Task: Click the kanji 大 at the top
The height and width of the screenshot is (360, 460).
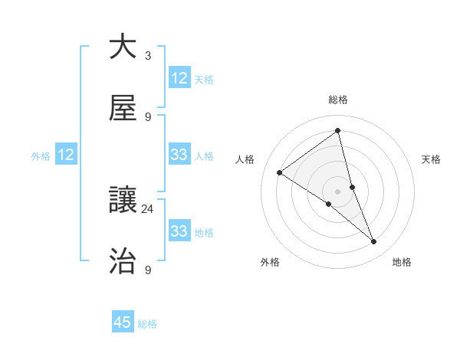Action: point(123,47)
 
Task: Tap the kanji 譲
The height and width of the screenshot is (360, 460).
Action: point(123,200)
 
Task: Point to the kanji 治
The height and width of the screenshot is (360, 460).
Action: point(123,261)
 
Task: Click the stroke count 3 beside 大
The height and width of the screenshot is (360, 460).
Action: point(148,56)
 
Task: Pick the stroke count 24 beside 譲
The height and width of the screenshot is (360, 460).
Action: point(148,208)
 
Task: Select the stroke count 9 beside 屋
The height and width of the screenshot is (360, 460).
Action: point(148,117)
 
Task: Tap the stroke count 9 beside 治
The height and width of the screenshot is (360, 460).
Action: point(148,270)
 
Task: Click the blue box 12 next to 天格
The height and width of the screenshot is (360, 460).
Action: point(179,78)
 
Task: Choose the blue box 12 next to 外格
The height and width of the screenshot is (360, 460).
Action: point(66,155)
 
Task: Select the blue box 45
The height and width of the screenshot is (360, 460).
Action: point(123,322)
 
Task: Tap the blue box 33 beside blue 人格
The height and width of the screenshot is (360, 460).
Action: point(179,155)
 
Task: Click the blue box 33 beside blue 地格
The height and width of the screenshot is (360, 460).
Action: point(179,231)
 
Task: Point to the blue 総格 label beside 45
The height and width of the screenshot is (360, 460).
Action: point(147,324)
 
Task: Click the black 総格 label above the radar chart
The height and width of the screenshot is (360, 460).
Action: point(338,100)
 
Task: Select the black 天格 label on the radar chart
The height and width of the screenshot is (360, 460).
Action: point(431,159)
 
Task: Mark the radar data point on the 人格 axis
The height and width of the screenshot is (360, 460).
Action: point(280,172)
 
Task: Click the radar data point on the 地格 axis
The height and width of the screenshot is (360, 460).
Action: point(373,242)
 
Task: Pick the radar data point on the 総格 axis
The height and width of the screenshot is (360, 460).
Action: point(338,131)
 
